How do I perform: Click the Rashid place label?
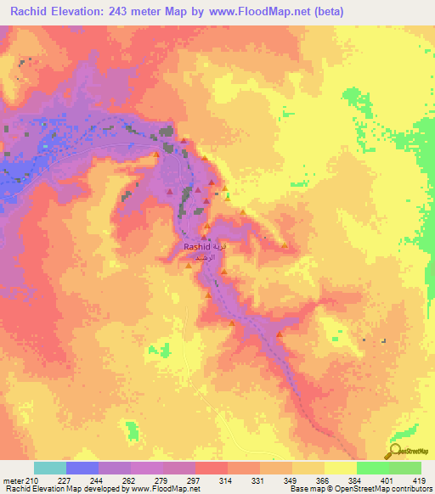pyautogui.click(x=195, y=246)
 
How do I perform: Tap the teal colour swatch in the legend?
pyautogui.click(x=50, y=468)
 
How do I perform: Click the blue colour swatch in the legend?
pyautogui.click(x=82, y=468)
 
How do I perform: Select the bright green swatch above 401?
pyautogui.click(x=373, y=468)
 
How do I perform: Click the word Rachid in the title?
pyautogui.click(x=31, y=11)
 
